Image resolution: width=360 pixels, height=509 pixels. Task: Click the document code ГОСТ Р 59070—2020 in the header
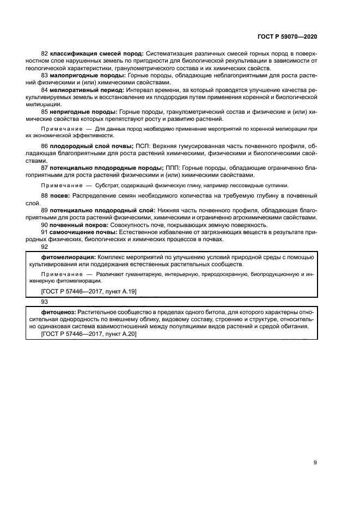click(x=287, y=36)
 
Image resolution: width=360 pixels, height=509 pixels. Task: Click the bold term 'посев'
click(x=59, y=195)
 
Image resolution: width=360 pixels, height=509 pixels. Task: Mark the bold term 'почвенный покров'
click(x=80, y=224)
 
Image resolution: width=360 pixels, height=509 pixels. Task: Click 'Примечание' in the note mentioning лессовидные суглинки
click(x=59, y=185)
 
